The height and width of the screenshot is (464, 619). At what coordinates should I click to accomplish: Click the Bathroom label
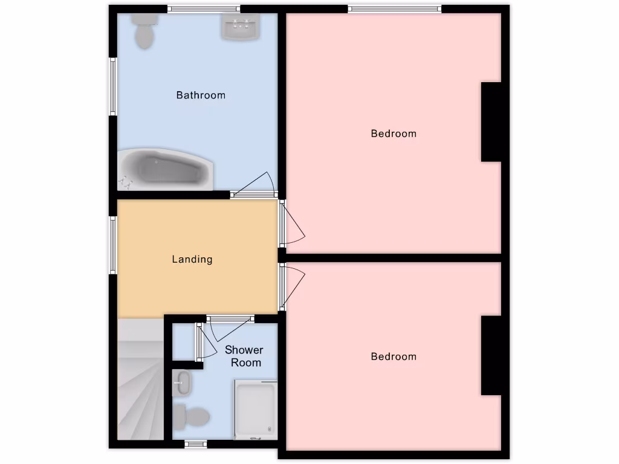coord(201,95)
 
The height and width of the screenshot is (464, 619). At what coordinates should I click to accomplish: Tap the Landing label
coord(192,259)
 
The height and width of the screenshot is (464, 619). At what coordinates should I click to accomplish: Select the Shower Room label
coord(244,356)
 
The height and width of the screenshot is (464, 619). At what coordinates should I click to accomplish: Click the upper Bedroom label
coord(394,134)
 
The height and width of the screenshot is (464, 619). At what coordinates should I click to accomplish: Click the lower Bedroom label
coord(394,356)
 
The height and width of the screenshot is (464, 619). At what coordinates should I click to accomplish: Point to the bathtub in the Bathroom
coord(167,169)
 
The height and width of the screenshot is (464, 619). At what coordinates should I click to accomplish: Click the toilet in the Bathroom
coord(144,30)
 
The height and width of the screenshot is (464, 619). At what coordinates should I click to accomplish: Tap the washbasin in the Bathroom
coord(241,27)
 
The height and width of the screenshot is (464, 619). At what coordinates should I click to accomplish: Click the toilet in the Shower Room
coord(192,416)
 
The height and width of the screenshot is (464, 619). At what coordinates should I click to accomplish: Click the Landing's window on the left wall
coord(112,244)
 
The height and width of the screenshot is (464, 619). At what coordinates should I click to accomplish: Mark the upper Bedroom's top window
coord(394,8)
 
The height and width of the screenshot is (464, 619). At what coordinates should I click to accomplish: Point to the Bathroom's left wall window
coord(112,86)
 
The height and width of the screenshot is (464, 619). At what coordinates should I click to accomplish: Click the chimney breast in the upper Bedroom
coord(492,122)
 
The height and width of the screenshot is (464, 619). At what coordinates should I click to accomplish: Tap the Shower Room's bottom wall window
coord(195,444)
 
